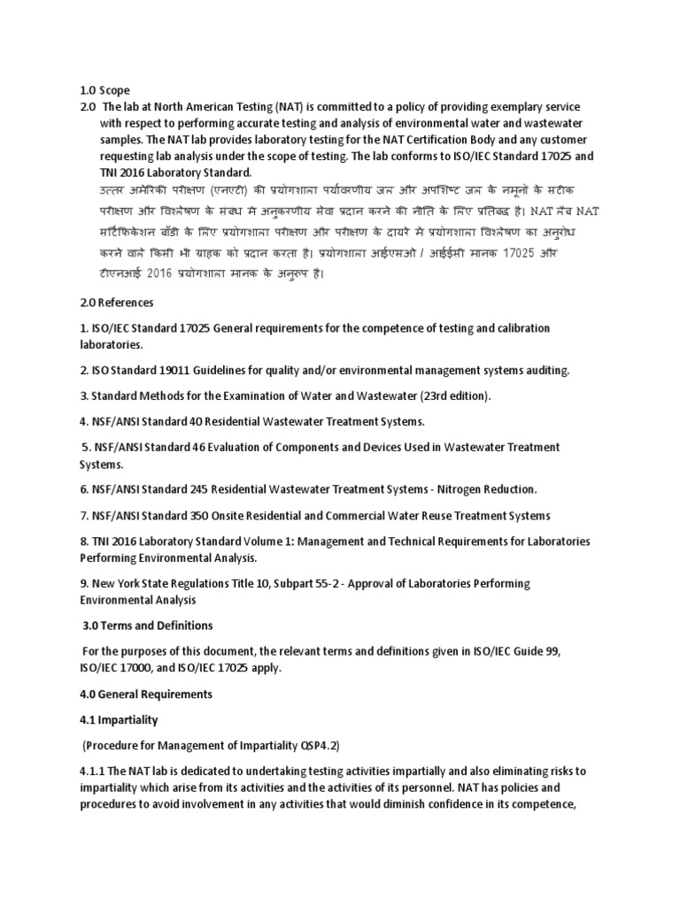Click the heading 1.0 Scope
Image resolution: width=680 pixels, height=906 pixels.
(x=104, y=90)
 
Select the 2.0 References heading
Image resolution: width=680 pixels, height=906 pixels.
(x=117, y=303)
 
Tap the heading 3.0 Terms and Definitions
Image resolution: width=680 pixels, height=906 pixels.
(x=148, y=626)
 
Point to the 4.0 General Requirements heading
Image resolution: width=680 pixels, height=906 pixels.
(x=146, y=694)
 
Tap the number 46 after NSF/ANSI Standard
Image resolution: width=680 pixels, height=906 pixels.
(x=199, y=448)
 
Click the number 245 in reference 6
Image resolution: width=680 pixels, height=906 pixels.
(x=204, y=489)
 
